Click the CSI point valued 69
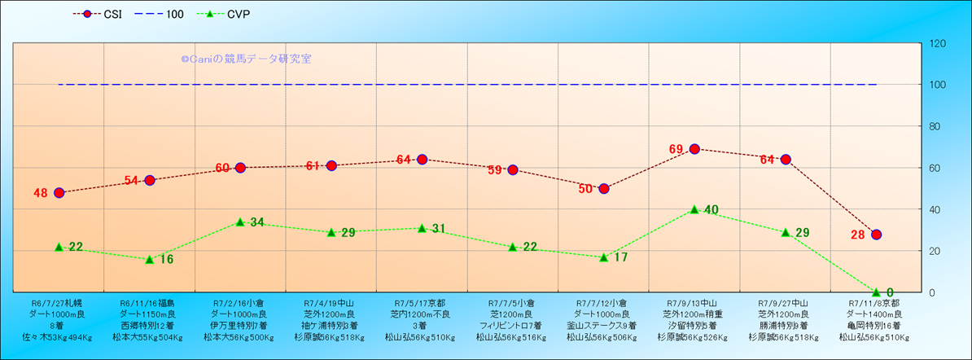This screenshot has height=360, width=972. tap(694, 149)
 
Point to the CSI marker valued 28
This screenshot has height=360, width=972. tap(876, 235)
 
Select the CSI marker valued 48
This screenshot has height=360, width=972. tap(59, 193)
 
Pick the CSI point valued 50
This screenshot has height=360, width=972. tap(604, 188)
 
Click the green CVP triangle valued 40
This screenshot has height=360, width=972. tap(694, 209)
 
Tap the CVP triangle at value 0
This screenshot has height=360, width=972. tap(876, 292)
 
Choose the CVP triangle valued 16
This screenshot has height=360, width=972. tap(150, 259)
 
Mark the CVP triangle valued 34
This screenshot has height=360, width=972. tap(240, 222)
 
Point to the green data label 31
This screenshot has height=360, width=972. tap(438, 229)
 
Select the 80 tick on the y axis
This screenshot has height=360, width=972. tap(936, 126)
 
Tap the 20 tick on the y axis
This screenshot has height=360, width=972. tap(936, 251)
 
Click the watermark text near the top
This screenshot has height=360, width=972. tap(246, 59)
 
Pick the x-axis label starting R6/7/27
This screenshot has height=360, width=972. tap(57, 319)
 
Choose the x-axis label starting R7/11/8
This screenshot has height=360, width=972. tap(873, 319)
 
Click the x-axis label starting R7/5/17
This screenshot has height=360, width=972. tap(421, 319)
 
